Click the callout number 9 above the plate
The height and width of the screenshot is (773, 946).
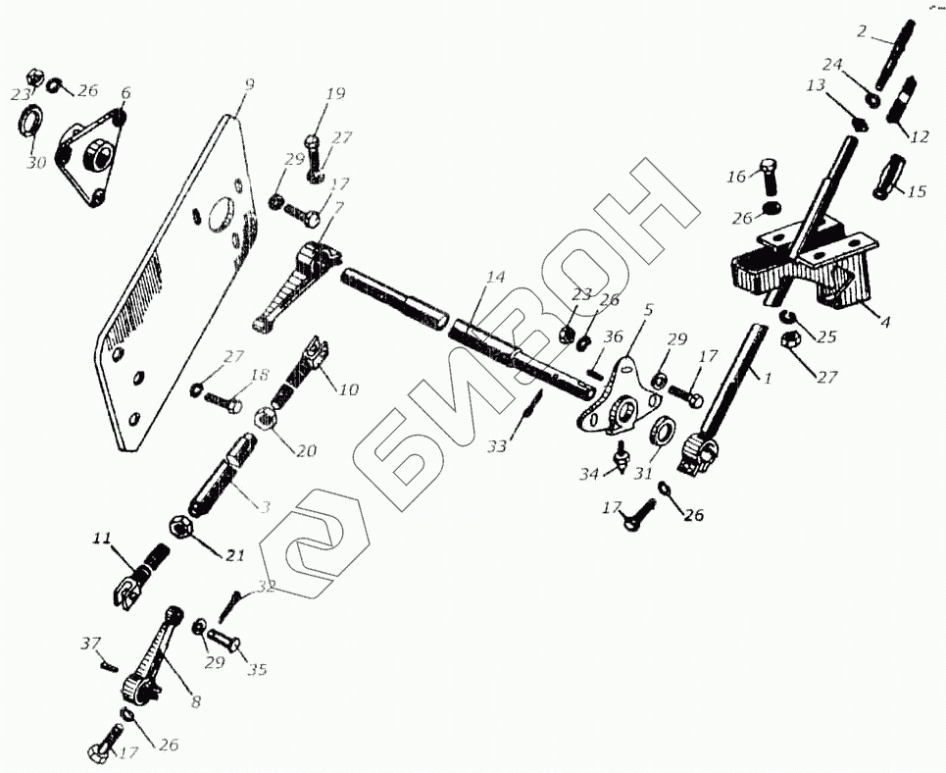pyautogui.click(x=249, y=86)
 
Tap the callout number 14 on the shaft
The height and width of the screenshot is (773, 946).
pyautogui.click(x=495, y=279)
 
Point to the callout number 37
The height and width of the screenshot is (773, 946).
pyautogui.click(x=90, y=644)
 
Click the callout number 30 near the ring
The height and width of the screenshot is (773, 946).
pyautogui.click(x=36, y=163)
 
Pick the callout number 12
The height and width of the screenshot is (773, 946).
pyautogui.click(x=919, y=137)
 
